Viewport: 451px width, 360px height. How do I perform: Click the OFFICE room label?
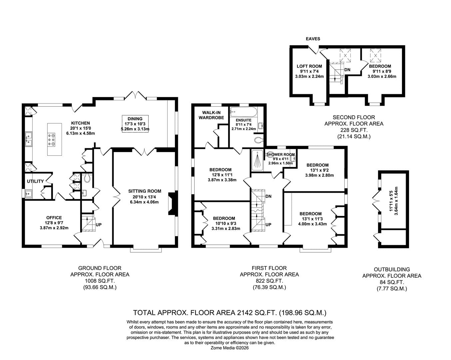pyautogui.click(x=54, y=218)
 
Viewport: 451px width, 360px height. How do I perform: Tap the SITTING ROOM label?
pyautogui.click(x=145, y=191)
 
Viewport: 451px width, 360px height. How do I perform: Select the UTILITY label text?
pyautogui.click(x=35, y=181)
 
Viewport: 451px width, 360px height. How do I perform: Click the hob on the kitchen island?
pyautogui.click(x=51, y=140)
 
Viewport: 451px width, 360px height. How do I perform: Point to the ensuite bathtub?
pyautogui.click(x=243, y=112)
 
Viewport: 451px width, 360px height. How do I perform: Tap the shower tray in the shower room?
pyautogui.click(x=257, y=160)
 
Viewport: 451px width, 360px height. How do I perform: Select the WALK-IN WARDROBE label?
pyautogui.click(x=211, y=115)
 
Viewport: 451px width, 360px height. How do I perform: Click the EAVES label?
pyautogui.click(x=313, y=39)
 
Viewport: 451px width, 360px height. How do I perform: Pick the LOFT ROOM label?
pyautogui.click(x=309, y=66)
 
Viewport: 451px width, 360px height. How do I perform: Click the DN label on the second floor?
pyautogui.click(x=347, y=70)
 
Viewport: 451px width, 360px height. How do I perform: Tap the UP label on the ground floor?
pyautogui.click(x=99, y=225)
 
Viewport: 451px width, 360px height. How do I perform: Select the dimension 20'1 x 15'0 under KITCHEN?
pyautogui.click(x=81, y=128)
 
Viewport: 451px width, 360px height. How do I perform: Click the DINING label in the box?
pyautogui.click(x=135, y=119)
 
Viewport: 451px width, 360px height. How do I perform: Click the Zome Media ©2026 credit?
pyautogui.click(x=229, y=348)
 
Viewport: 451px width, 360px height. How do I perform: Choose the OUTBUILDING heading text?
pyautogui.click(x=392, y=269)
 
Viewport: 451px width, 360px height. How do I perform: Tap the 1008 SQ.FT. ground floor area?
pyautogui.click(x=100, y=281)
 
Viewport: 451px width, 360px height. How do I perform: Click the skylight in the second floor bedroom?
pyautogui.click(x=375, y=56)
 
